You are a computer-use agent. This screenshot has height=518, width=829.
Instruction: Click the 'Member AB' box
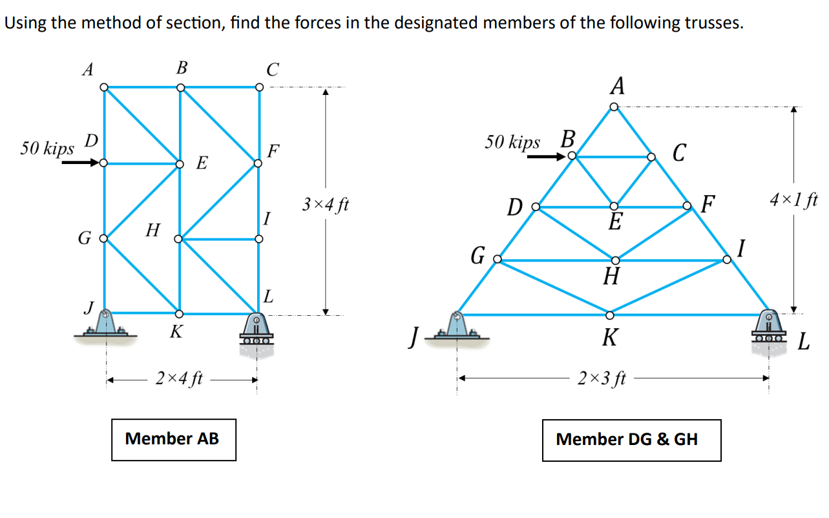tap(173, 439)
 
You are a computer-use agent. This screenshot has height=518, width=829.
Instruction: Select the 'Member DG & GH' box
tap(631, 440)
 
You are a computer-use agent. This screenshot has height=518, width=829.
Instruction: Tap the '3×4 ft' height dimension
tap(326, 206)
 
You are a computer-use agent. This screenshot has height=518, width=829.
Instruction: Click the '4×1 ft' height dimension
tap(793, 199)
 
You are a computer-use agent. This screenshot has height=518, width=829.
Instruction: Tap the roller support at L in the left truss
tap(257, 329)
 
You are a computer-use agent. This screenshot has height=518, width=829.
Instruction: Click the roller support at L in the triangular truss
tap(769, 329)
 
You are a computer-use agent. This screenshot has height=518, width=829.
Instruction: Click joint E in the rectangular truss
tap(180, 164)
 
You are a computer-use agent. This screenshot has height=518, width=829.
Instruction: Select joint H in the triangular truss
tap(614, 260)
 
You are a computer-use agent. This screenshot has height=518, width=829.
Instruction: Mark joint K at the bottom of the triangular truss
tap(610, 315)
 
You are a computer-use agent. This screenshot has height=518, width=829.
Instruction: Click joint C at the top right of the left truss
tap(258, 87)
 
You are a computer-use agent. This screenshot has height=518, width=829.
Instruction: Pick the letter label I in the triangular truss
tap(742, 247)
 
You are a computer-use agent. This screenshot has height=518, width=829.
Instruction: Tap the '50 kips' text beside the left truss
tap(47, 149)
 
